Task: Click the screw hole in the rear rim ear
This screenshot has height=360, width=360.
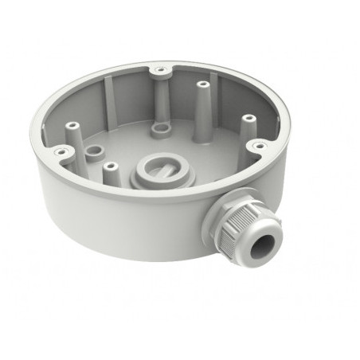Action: point(161,71)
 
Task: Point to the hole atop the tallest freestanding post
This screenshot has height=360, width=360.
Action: point(198,82)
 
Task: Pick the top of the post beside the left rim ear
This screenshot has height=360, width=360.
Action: point(72,125)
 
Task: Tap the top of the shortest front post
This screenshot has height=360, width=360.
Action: point(111,166)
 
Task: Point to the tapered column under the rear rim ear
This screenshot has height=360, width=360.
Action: point(162,100)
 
